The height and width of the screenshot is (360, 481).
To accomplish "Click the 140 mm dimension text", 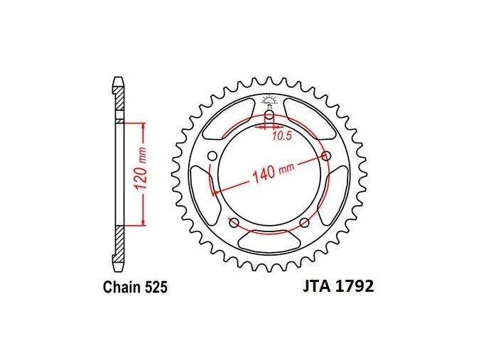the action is [x=273, y=173].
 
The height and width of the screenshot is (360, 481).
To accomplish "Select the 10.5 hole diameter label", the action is [x=282, y=136].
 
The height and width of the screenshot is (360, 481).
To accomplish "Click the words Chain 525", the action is [x=135, y=288].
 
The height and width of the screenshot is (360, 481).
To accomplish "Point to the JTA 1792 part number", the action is [x=339, y=286].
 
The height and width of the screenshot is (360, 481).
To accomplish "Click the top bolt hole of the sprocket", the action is [x=269, y=116].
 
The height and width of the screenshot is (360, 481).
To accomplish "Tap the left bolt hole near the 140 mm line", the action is [x=212, y=156].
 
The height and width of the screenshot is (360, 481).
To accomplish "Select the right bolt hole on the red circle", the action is [x=327, y=156].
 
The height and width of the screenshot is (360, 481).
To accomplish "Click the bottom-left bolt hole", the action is [x=234, y=223].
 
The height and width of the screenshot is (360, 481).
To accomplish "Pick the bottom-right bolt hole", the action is [x=304, y=223].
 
